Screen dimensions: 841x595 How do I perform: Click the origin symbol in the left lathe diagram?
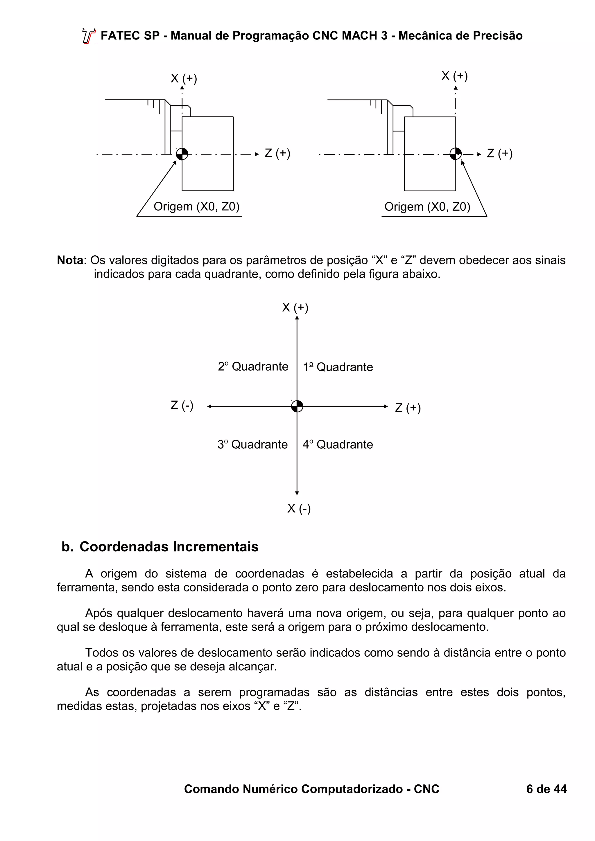(x=182, y=154)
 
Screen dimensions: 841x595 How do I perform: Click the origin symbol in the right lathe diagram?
(x=455, y=154)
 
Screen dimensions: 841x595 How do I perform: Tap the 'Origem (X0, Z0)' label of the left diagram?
(x=196, y=207)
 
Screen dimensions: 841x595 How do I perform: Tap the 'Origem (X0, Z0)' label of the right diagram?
(x=427, y=207)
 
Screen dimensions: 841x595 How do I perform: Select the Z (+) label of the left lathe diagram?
(x=277, y=153)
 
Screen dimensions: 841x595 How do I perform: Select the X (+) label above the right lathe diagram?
(x=455, y=76)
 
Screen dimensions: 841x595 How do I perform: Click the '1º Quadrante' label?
(x=338, y=367)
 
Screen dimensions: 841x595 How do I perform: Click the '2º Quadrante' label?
(x=253, y=366)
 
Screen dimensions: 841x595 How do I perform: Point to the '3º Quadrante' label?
(x=252, y=444)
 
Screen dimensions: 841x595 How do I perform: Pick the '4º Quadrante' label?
(x=338, y=444)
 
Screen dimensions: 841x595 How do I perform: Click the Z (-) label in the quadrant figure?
(x=182, y=405)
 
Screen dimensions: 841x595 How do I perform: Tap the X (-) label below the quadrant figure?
(x=299, y=508)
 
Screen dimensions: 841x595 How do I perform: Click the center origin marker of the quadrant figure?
(x=297, y=406)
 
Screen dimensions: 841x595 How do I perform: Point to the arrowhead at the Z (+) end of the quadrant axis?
(x=386, y=406)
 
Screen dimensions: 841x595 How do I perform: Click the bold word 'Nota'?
(x=70, y=260)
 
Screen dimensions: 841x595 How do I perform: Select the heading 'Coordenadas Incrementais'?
(x=169, y=547)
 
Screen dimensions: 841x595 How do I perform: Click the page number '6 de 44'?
(x=546, y=789)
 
